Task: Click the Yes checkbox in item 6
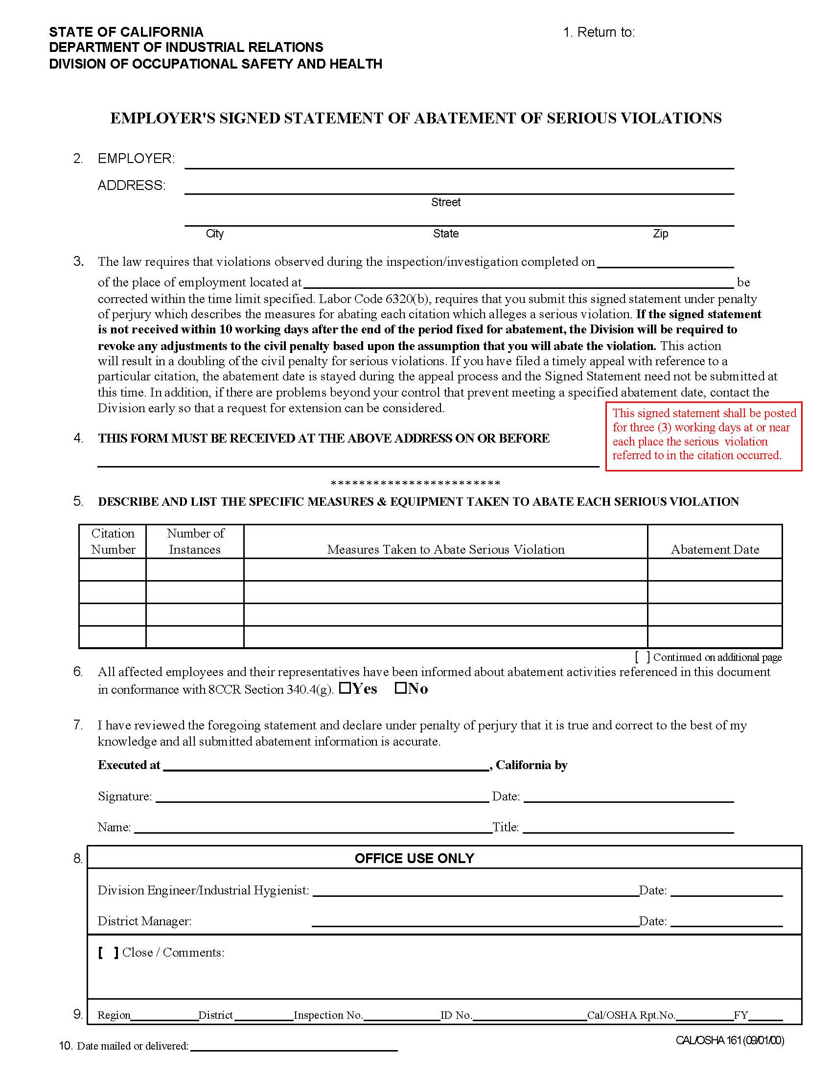[x=345, y=687]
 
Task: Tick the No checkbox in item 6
[x=400, y=687]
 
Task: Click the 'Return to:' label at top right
[x=599, y=32]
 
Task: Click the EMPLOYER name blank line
[x=459, y=163]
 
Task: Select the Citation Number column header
[x=113, y=541]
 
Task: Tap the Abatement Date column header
[x=715, y=549]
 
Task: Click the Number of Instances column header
[x=195, y=541]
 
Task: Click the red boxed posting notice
[x=703, y=434]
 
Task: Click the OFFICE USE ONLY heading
[x=414, y=859]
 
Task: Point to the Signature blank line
[x=322, y=798]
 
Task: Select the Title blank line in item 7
[x=628, y=828]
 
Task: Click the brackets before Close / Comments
[x=108, y=953]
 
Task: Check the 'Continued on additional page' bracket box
[x=642, y=657]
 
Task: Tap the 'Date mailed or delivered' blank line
[x=294, y=1047]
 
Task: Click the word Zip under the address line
[x=660, y=234]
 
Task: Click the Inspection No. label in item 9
[x=328, y=1015]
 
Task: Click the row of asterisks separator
[x=415, y=483]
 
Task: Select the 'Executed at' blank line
[x=325, y=766]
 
